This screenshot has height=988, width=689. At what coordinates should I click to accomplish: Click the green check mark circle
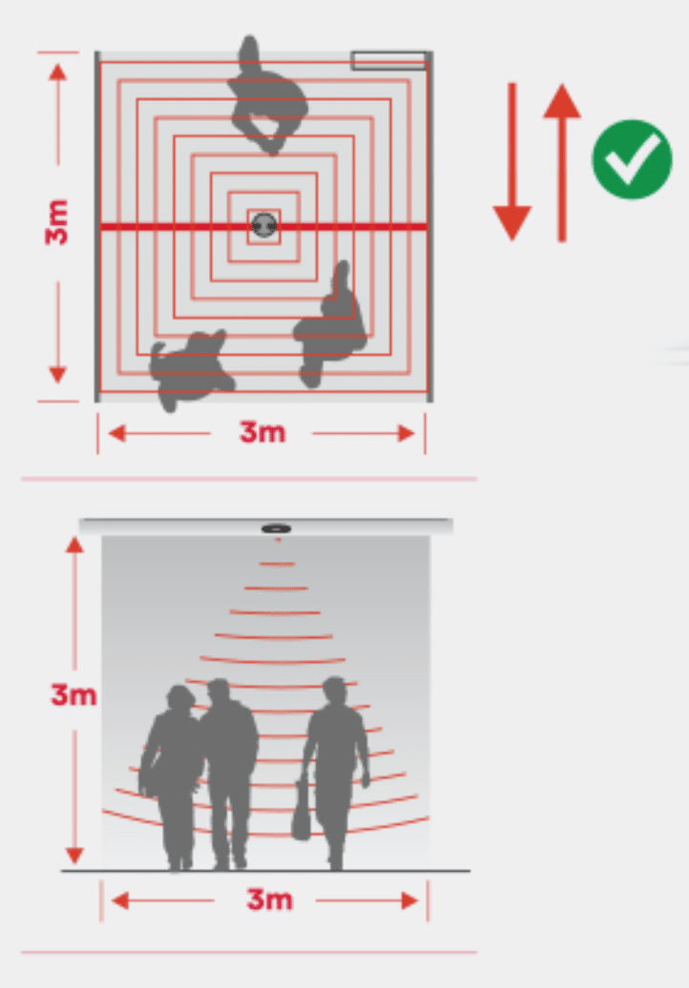(x=632, y=159)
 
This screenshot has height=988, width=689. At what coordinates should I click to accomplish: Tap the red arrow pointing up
(x=562, y=162)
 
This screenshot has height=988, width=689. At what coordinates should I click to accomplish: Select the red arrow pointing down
(x=512, y=161)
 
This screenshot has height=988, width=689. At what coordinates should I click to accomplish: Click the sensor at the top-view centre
(x=264, y=224)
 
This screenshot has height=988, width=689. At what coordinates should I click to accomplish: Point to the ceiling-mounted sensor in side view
(x=276, y=528)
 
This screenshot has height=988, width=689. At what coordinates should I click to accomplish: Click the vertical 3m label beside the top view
(x=56, y=222)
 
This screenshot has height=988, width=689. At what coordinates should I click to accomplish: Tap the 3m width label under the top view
(x=262, y=432)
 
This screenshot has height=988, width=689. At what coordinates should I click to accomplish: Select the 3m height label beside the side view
(x=73, y=695)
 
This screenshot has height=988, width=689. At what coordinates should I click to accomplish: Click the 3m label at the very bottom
(x=269, y=899)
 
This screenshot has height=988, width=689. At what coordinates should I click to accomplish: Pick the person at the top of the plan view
(x=266, y=95)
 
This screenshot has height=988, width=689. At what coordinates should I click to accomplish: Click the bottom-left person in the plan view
(x=189, y=370)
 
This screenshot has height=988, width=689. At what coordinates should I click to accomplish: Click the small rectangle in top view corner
(x=388, y=60)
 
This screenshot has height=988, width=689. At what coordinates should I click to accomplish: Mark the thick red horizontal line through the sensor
(x=263, y=226)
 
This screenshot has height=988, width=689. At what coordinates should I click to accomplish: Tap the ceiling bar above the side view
(x=265, y=526)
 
